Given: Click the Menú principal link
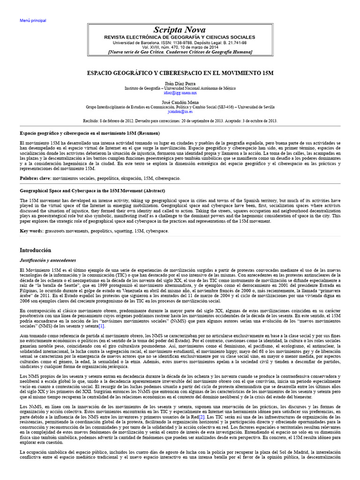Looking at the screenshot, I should pyautogui.click(x=33, y=21).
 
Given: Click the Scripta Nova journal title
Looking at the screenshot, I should pyautogui.click(x=180, y=30).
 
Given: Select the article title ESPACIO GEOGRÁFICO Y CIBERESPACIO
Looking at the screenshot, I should pyautogui.click(x=180, y=74).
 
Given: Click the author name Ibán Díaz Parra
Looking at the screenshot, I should pyautogui.click(x=180, y=83).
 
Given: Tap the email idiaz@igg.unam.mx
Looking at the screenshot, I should pyautogui.click(x=180, y=93).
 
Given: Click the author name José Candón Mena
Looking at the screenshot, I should pyautogui.click(x=180, y=102).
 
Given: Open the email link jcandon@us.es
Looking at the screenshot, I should pyautogui.click(x=180, y=112).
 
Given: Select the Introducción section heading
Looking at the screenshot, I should pyautogui.click(x=36, y=250).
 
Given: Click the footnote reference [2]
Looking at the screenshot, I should pyautogui.click(x=202, y=416).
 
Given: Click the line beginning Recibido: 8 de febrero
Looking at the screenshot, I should pyautogui.click(x=180, y=120).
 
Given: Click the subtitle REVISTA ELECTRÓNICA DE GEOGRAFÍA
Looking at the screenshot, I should pyautogui.click(x=180, y=37).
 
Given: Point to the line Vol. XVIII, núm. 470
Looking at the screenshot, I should pyautogui.click(x=180, y=47).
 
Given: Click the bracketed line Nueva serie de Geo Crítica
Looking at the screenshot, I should pyautogui.click(x=180, y=52).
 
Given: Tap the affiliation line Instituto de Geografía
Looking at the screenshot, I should pyautogui.click(x=180, y=88).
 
